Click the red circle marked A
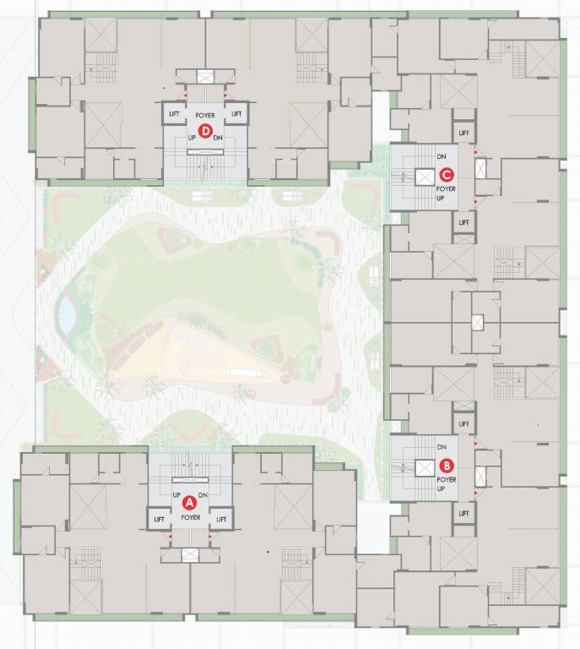tap(190, 501)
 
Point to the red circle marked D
tap(204, 131)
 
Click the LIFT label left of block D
tap(175, 113)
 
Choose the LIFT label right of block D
tap(236, 113)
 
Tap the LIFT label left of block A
tap(159, 519)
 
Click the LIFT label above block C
tap(463, 133)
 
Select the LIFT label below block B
tap(463, 513)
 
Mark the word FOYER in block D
tap(205, 114)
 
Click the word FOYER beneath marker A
tap(190, 517)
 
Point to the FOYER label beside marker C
tap(446, 190)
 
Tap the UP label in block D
tap(192, 137)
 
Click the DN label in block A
tap(203, 495)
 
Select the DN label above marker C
tap(442, 157)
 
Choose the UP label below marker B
tap(440, 489)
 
